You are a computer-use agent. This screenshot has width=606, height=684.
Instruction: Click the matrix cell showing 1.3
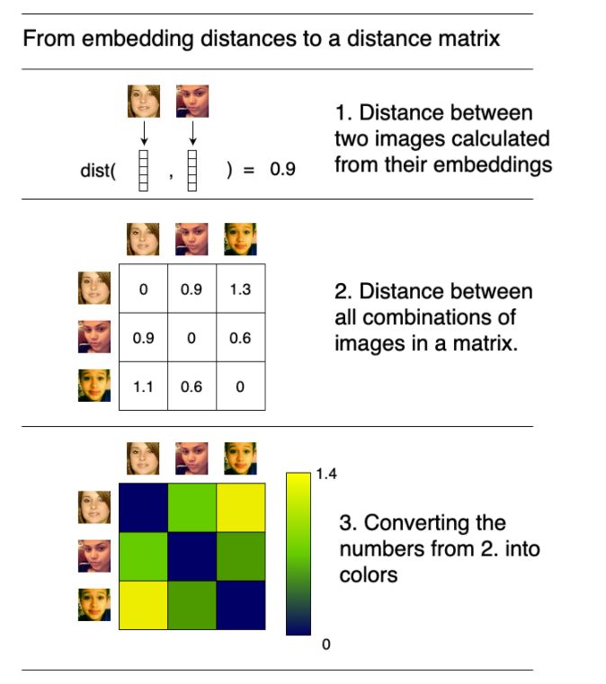tap(240, 290)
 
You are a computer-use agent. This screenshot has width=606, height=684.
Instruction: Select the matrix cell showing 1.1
tap(143, 387)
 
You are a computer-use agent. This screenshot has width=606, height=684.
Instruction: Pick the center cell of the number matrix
tap(192, 339)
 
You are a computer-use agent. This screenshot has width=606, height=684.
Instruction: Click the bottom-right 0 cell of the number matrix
tap(240, 387)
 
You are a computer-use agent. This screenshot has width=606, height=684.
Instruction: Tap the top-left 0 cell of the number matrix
tap(143, 290)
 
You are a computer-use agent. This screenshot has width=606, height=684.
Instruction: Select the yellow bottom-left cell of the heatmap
tap(143, 605)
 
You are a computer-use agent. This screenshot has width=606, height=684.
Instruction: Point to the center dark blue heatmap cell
tap(192, 555)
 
